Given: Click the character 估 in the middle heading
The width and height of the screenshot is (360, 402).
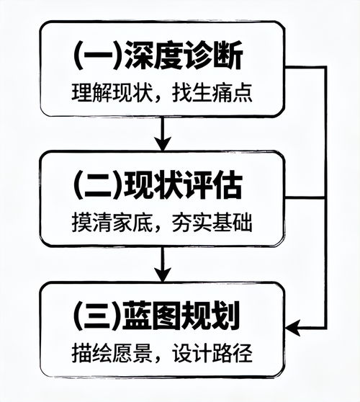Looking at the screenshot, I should (x=233, y=186).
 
